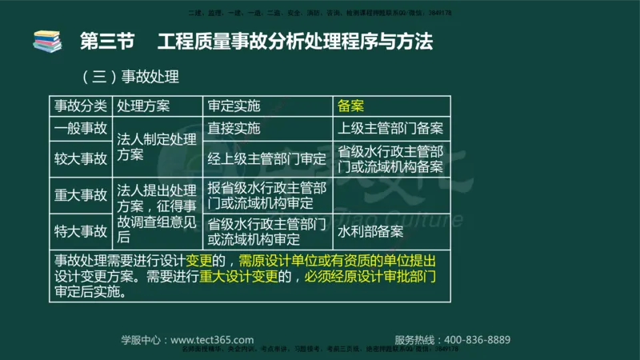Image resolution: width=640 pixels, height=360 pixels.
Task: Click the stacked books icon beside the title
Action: point(47,41)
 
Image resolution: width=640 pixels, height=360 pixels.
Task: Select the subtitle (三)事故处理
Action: point(129,78)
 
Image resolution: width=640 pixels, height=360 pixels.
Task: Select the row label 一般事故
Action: point(80,128)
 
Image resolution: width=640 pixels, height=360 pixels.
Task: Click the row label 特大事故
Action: point(80,231)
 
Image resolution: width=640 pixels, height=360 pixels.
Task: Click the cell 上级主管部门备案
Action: point(390,128)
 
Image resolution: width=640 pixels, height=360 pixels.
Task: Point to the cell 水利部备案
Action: point(370,231)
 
